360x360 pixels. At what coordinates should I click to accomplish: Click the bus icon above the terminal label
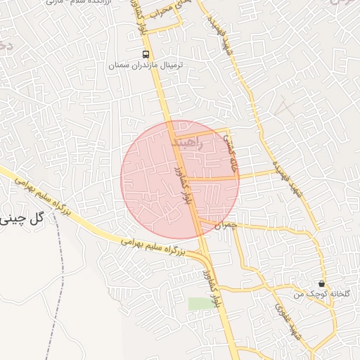coord(145,54)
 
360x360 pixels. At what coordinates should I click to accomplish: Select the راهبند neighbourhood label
coord(186,143)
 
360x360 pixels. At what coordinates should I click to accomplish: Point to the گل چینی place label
coord(22,218)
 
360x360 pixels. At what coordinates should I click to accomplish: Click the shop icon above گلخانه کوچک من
coord(321,283)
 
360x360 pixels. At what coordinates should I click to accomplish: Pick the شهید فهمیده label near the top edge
coord(226,39)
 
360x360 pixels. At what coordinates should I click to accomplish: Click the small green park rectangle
coord(199,304)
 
